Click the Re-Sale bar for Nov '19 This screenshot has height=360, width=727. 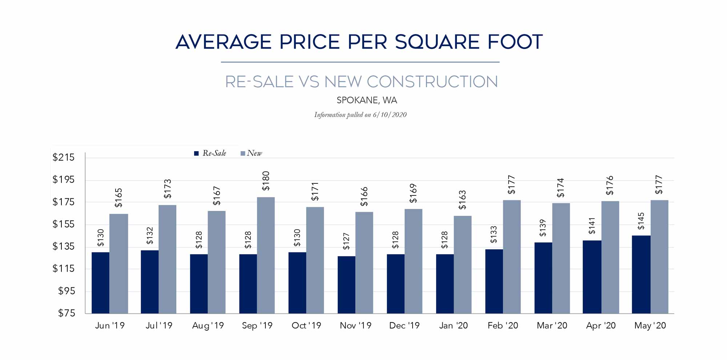pos(346,285)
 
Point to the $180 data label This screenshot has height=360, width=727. pos(266,181)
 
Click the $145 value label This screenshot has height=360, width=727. pos(641,221)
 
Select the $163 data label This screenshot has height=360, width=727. pos(462,200)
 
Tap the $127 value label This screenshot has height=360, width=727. pos(346,241)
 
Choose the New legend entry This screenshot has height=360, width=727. pos(251,153)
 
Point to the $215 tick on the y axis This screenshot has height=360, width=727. pos(64,157)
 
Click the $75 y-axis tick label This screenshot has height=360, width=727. pos(67,313)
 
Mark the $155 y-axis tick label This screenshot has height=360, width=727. pos(64,224)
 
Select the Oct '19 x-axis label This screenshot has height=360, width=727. pos(306,325)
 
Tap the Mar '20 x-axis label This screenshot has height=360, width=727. pos(552,325)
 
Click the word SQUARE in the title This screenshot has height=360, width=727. pos(437,42)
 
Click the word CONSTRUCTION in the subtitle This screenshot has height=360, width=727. pos(411,82)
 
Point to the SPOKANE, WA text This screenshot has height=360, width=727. pos(366,100)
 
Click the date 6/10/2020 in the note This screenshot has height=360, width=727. pos(390,115)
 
